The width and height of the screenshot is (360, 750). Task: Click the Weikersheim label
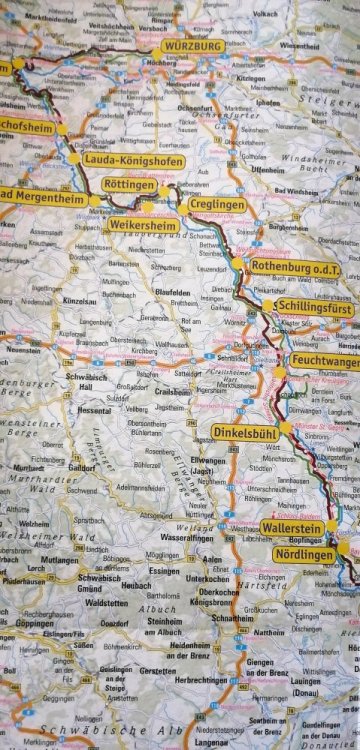click(x=142, y=226)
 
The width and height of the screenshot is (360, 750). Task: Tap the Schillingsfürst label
click(x=312, y=298)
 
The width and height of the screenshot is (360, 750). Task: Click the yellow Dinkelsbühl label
click(x=251, y=432)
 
